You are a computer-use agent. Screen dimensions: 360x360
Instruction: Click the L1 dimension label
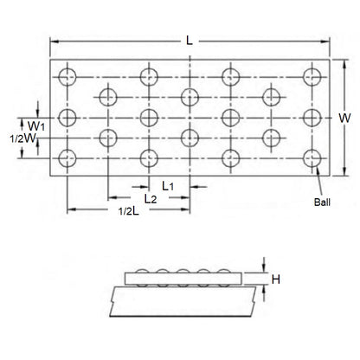[x=170, y=186]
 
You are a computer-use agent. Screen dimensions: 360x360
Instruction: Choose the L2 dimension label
[x=150, y=199]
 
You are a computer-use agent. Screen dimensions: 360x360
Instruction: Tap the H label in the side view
[x=274, y=279]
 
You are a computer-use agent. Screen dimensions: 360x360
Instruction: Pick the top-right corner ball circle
[x=312, y=75]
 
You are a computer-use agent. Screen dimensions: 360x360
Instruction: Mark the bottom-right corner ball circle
[x=312, y=157]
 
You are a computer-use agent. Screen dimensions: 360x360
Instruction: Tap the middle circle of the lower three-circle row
[x=190, y=136]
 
